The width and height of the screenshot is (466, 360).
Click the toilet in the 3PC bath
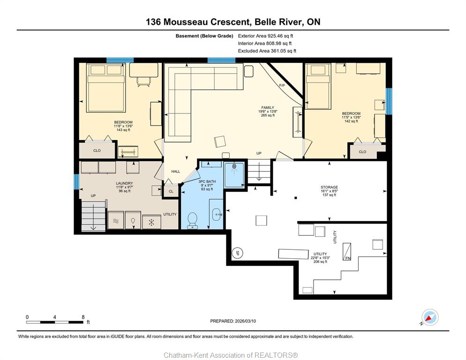(x=193, y=220)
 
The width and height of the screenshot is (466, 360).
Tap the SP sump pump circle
(x=238, y=253)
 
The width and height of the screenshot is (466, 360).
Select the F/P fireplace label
(x=282, y=86)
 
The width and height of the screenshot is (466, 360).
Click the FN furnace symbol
(x=347, y=252)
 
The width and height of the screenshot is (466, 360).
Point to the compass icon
(x=430, y=317)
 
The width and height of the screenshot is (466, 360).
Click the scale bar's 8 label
(x=83, y=317)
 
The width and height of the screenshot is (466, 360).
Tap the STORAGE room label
(x=329, y=187)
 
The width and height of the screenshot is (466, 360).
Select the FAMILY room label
(x=268, y=108)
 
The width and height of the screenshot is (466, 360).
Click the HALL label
(x=176, y=172)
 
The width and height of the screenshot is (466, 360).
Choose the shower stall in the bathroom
(x=234, y=174)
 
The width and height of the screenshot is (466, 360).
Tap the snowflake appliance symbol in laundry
(x=151, y=222)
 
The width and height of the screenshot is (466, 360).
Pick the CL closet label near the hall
(x=171, y=191)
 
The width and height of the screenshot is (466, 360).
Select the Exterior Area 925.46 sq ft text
(x=265, y=36)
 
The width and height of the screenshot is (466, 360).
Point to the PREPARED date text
(x=233, y=321)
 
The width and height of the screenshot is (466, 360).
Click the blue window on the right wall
(x=389, y=101)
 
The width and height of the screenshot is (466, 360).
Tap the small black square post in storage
(x=295, y=198)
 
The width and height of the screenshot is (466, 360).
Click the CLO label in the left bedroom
(x=97, y=151)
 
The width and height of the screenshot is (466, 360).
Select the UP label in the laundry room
(x=93, y=196)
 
